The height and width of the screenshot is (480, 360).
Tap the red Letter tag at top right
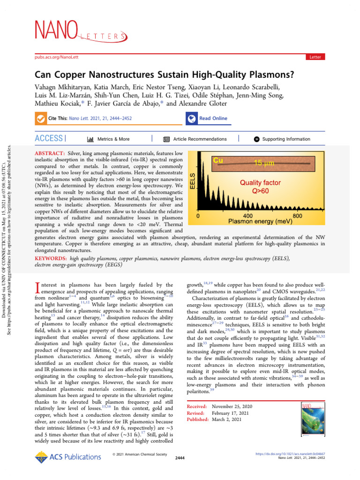315,57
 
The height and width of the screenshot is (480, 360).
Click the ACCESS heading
49,138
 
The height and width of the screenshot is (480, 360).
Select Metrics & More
109,139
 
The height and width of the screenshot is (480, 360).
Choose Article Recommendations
195,139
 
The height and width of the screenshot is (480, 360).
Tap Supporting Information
282,139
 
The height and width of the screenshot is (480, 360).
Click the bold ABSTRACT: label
50,154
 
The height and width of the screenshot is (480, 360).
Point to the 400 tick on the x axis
247,217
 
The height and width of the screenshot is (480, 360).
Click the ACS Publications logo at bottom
66,457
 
